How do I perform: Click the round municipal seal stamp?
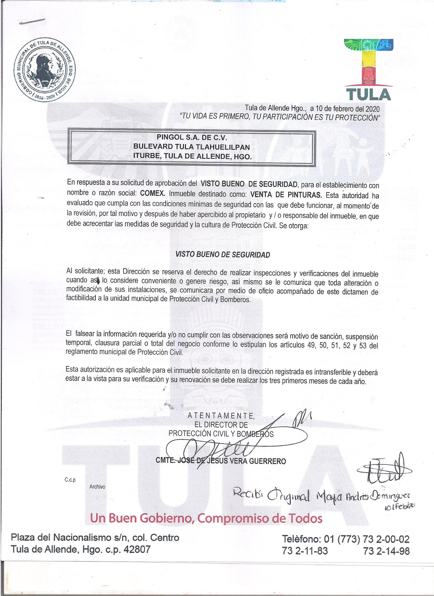[x=44, y=70]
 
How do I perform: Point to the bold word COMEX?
[x=153, y=194]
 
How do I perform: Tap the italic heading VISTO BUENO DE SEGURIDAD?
[x=223, y=255]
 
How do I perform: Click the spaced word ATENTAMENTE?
[x=221, y=416]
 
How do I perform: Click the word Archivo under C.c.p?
[x=97, y=487]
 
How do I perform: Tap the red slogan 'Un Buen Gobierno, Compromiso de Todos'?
[x=206, y=519]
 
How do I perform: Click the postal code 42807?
[x=137, y=549]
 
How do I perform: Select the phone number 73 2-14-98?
[x=386, y=551]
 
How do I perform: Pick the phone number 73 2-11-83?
[x=305, y=551]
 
